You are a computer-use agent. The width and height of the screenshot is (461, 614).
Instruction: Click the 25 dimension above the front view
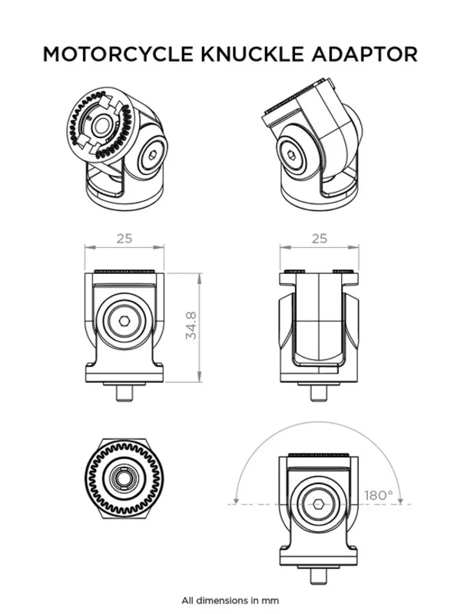pyautogui.click(x=124, y=238)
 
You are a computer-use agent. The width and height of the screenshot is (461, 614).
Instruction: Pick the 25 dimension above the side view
pyautogui.click(x=319, y=238)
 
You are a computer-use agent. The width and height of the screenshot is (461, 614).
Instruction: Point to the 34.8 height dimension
pyautogui.click(x=192, y=325)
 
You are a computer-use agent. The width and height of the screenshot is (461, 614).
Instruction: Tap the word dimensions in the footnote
pyautogui.click(x=233, y=599)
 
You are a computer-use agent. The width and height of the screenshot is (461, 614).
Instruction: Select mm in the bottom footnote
pyautogui.click(x=272, y=599)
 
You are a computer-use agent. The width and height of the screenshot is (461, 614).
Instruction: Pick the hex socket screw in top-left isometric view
pyautogui.click(x=154, y=159)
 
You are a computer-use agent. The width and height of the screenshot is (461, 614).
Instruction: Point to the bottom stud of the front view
pyautogui.click(x=124, y=391)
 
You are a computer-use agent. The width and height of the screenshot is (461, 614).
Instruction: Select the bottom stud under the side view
pyautogui.click(x=319, y=391)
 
